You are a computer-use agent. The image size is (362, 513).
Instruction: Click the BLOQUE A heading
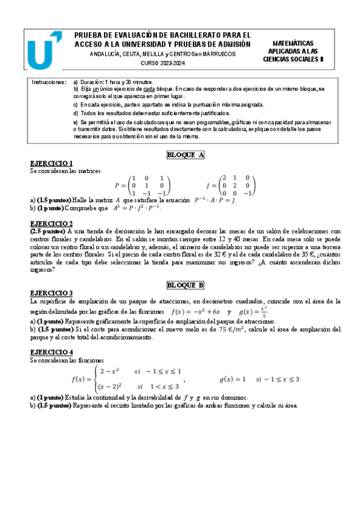click(186, 155)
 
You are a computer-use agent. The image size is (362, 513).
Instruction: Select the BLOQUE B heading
click(186, 284)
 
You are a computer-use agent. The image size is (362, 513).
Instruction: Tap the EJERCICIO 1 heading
click(51, 163)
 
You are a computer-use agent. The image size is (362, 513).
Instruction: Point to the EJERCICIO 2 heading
click(51, 223)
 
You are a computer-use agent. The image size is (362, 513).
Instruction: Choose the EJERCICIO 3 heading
click(51, 293)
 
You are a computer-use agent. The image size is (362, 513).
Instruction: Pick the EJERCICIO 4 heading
click(51, 351)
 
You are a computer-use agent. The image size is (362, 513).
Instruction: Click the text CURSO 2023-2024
click(163, 64)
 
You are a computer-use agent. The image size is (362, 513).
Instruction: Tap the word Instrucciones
click(49, 82)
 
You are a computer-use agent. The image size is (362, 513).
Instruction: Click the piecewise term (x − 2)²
click(111, 385)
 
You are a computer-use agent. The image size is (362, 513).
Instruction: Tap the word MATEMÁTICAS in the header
click(293, 44)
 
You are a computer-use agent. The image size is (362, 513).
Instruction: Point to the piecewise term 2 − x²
click(109, 370)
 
